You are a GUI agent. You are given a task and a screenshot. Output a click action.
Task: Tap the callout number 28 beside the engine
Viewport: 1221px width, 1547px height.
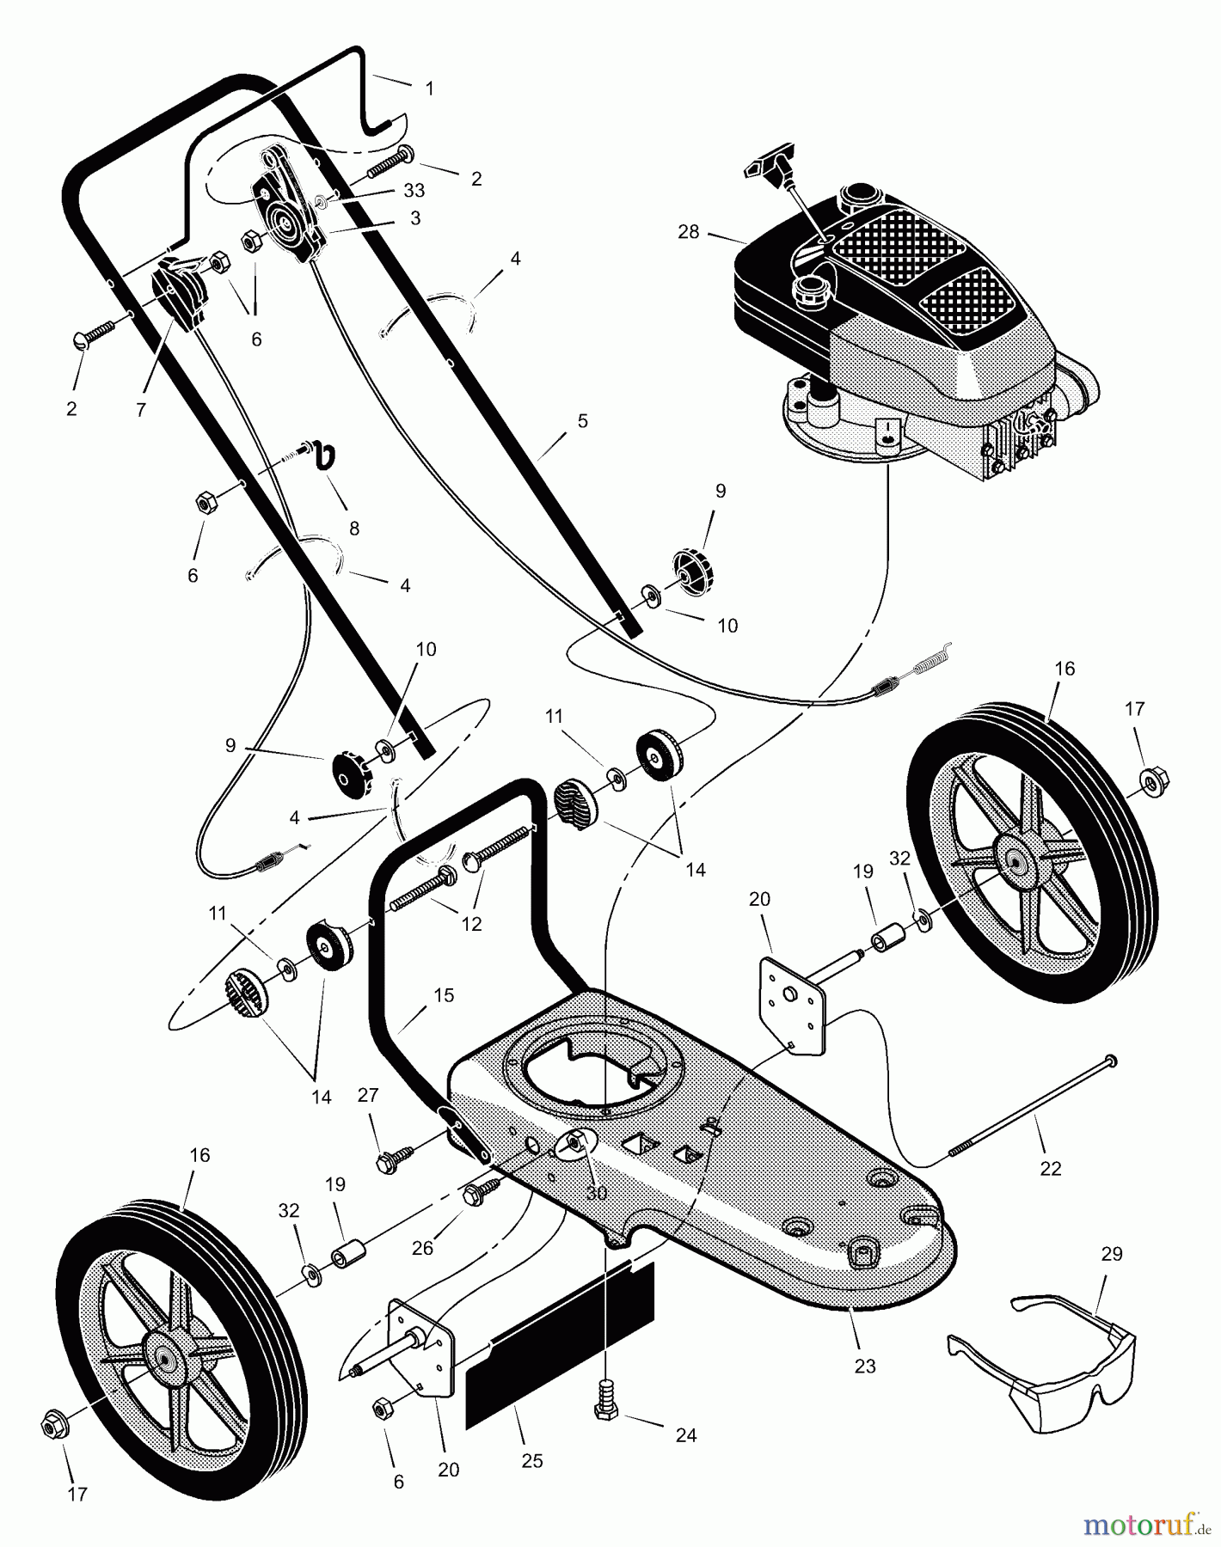click(689, 231)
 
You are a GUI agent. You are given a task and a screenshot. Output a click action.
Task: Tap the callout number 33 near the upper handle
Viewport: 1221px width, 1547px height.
click(414, 192)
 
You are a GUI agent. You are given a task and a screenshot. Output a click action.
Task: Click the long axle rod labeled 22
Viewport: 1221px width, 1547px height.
click(1032, 1108)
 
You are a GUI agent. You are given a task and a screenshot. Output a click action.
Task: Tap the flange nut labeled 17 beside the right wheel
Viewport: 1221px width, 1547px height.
click(1149, 780)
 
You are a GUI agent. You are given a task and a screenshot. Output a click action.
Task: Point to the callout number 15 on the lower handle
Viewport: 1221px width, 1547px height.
click(443, 995)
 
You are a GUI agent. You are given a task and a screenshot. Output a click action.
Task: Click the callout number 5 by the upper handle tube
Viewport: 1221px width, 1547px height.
click(583, 421)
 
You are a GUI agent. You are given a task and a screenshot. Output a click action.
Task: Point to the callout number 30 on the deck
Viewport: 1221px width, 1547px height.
click(596, 1193)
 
